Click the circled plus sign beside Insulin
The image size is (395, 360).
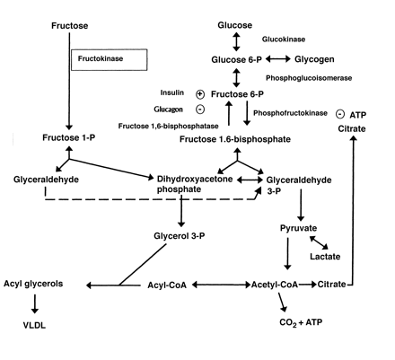point(200,93)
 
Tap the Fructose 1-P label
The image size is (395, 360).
point(69,137)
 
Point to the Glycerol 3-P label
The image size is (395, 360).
point(182,235)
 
